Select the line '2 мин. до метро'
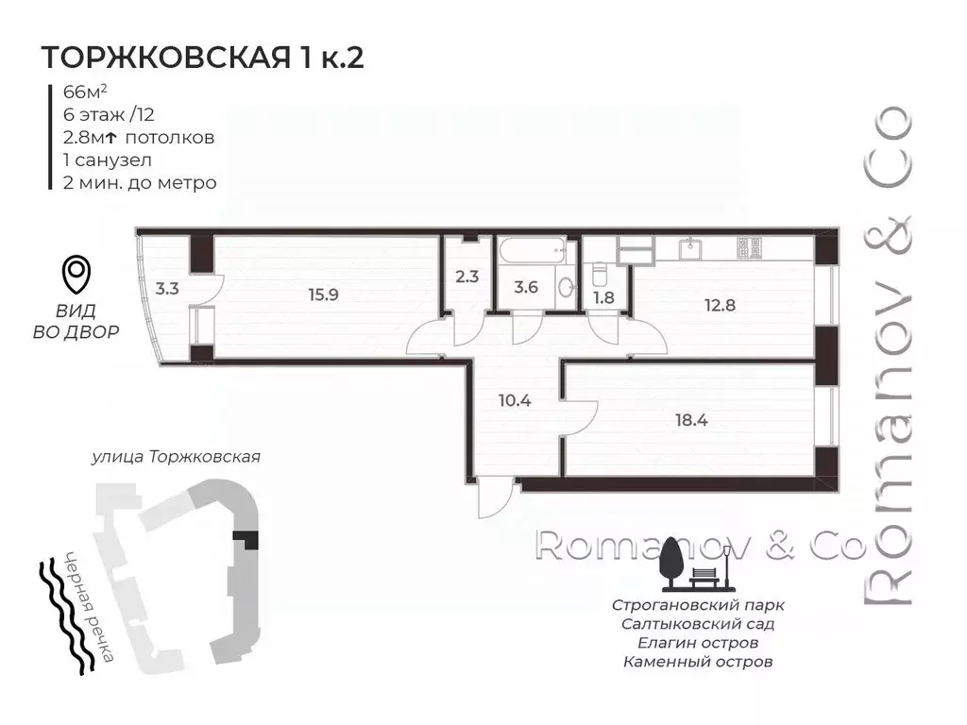click(x=138, y=182)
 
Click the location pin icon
click(x=76, y=275)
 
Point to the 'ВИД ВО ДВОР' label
click(x=76, y=321)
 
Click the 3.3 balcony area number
click(x=166, y=289)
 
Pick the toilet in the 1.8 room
click(x=598, y=275)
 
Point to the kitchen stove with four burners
click(x=751, y=248)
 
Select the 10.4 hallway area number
click(x=514, y=400)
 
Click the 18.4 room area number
click(x=691, y=420)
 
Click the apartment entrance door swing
click(x=493, y=497)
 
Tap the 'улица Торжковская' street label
click(x=176, y=457)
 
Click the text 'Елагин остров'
click(x=697, y=642)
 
